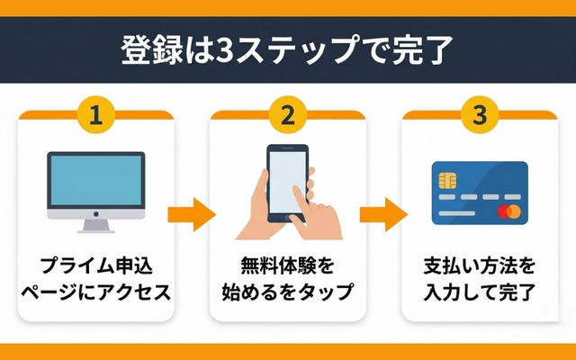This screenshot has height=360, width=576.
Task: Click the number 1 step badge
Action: tap(95, 115)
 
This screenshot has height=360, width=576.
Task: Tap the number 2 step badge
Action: tap(287, 115)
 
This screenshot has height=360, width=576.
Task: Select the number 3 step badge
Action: tap(479, 115)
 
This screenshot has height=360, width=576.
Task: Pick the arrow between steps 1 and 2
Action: tap(192, 215)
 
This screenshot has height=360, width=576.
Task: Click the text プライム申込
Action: tap(95, 266)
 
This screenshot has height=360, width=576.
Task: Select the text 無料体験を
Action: tap(287, 266)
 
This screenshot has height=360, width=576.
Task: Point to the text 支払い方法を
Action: tap(479, 266)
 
